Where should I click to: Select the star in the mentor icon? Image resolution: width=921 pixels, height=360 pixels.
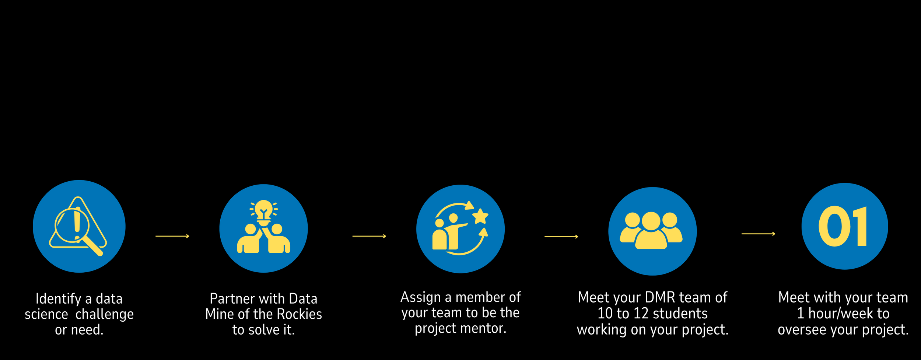point(480,216)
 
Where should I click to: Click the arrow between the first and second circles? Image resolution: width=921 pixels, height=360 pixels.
point(172,236)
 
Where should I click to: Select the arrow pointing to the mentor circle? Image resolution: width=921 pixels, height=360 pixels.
point(369,236)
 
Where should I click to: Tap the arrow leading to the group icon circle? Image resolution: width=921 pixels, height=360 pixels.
point(561,237)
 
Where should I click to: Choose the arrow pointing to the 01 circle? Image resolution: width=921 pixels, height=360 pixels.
point(758,234)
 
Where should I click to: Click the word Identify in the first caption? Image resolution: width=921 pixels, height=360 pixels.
point(58,299)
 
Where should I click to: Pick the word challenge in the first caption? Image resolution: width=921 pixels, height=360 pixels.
point(105,314)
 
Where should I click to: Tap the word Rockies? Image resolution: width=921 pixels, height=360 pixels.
point(299,314)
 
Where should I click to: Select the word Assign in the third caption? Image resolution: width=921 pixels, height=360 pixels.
point(420,297)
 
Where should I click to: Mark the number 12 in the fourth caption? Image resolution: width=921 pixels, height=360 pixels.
point(641,314)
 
